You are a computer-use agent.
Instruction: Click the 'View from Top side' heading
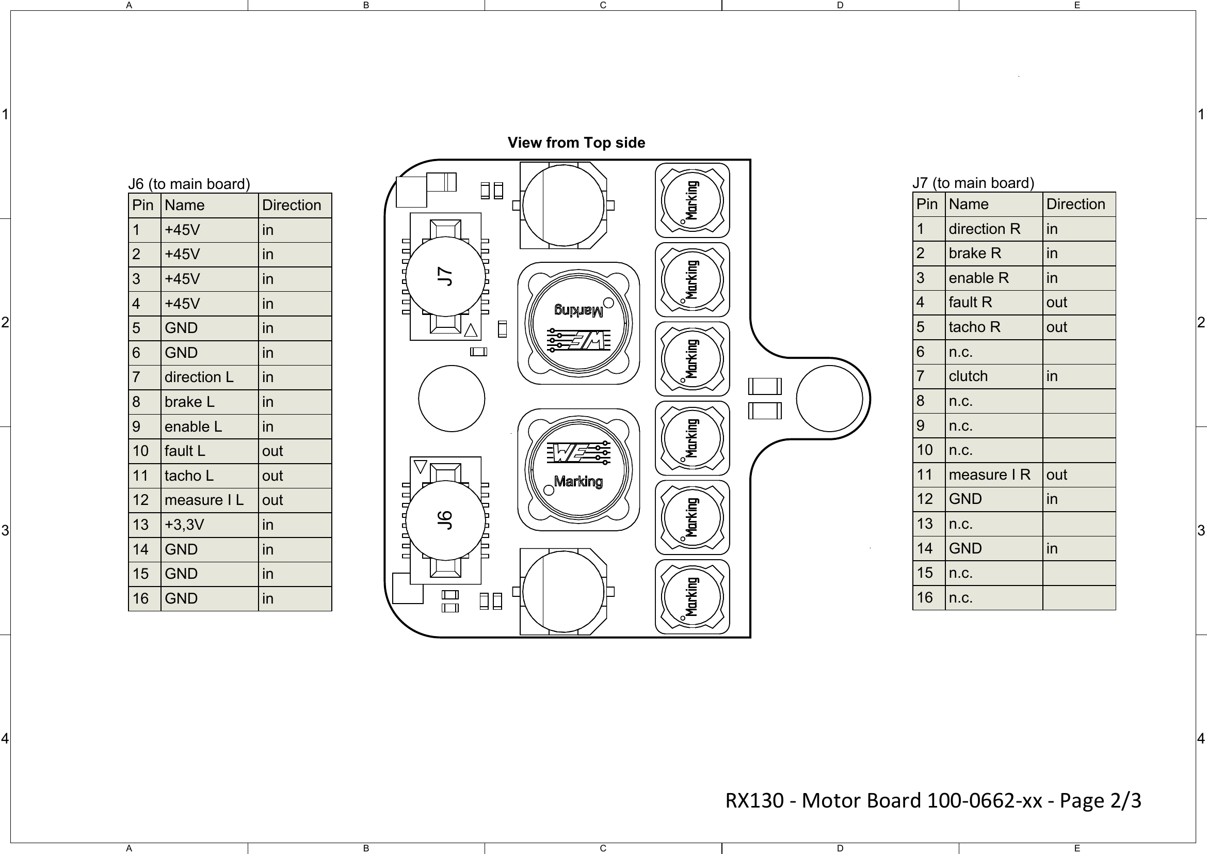click(x=576, y=143)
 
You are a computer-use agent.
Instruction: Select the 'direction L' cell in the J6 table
click(x=199, y=377)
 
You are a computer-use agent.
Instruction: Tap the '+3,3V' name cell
click(x=185, y=524)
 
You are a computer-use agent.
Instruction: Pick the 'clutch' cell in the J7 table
click(x=968, y=376)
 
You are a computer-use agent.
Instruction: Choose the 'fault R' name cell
click(x=971, y=302)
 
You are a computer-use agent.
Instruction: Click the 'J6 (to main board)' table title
click(x=189, y=183)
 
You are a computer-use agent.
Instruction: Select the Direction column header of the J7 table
click(x=1075, y=204)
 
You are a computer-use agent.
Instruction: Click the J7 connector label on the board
click(x=445, y=276)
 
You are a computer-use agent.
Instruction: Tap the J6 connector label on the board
click(x=445, y=519)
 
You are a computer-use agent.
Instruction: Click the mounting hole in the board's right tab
click(x=829, y=399)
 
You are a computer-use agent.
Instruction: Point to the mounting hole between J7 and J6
click(x=451, y=399)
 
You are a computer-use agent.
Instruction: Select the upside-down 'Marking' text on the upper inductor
click(x=578, y=311)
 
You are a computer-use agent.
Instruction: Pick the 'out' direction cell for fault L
click(x=272, y=451)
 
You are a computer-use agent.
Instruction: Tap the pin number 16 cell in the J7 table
click(x=925, y=597)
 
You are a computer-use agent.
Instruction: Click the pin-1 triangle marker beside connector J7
click(x=471, y=330)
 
